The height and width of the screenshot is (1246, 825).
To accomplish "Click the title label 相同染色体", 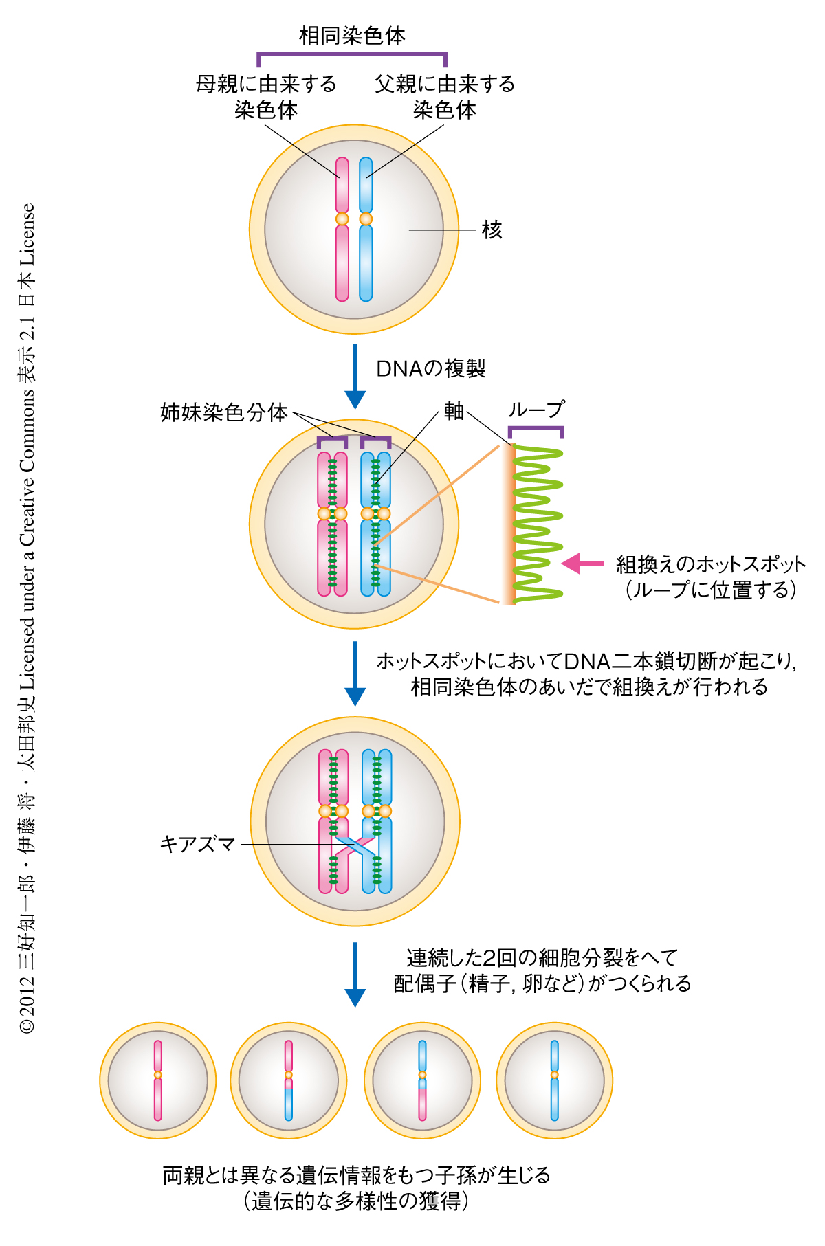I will [x=352, y=36].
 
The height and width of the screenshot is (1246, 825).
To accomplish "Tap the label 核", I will [x=492, y=230].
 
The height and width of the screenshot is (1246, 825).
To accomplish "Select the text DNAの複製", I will [x=430, y=369].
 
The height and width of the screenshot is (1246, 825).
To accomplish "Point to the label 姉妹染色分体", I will [x=224, y=412].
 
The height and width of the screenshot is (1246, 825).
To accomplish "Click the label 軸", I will [x=454, y=411].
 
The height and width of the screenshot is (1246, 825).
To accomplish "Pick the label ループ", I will [x=536, y=410].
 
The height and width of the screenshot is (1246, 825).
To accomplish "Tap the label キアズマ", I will [x=197, y=844].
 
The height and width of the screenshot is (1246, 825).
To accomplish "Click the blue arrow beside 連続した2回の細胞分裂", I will [x=355, y=974].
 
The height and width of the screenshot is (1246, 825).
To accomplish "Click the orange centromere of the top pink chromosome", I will [x=342, y=219].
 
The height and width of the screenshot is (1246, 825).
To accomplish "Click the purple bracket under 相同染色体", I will [x=352, y=54].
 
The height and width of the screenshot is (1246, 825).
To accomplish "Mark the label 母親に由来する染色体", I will [x=266, y=96].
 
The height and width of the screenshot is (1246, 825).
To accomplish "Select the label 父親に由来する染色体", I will [x=445, y=96].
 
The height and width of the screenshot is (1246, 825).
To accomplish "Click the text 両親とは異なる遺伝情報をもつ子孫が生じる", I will [x=356, y=1175].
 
